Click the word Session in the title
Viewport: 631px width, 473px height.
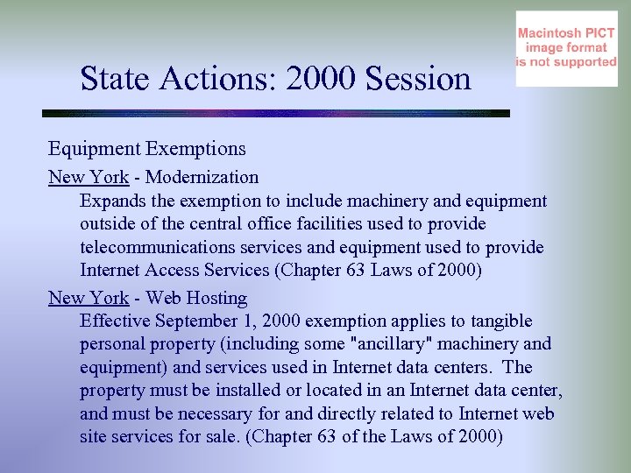click(x=419, y=80)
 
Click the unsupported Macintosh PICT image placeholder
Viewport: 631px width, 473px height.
click(x=566, y=49)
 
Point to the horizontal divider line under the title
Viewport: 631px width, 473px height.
click(x=276, y=114)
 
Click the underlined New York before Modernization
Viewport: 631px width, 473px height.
click(x=89, y=178)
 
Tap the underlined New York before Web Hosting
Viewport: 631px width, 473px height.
click(x=89, y=299)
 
